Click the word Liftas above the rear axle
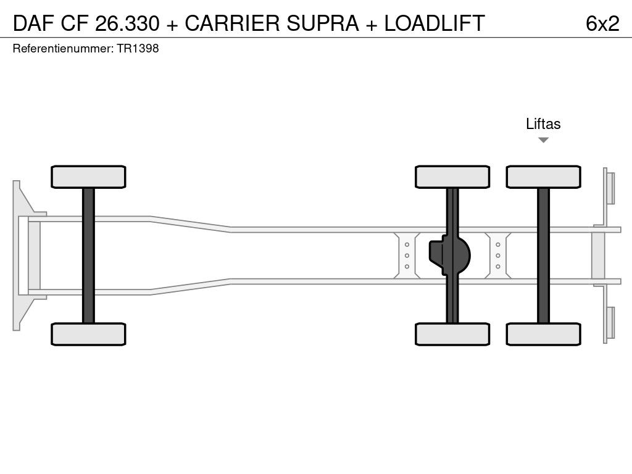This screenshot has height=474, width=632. (543, 124)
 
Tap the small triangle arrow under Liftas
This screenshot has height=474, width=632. (543, 140)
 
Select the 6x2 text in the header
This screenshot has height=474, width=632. (602, 23)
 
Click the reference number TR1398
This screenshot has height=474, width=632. (138, 49)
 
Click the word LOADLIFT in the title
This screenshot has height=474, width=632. (434, 23)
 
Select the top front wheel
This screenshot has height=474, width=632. (88, 177)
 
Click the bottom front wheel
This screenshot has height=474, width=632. (88, 334)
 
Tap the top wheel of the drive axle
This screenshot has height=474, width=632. (452, 177)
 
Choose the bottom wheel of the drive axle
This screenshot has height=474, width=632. (452, 334)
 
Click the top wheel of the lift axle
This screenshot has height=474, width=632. (543, 177)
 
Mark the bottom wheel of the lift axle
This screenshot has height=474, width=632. (543, 334)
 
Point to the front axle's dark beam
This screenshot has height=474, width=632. (88, 255)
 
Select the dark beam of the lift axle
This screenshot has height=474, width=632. (543, 255)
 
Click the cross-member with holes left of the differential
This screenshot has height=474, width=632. (407, 255)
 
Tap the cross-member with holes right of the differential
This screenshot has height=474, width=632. (497, 255)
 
